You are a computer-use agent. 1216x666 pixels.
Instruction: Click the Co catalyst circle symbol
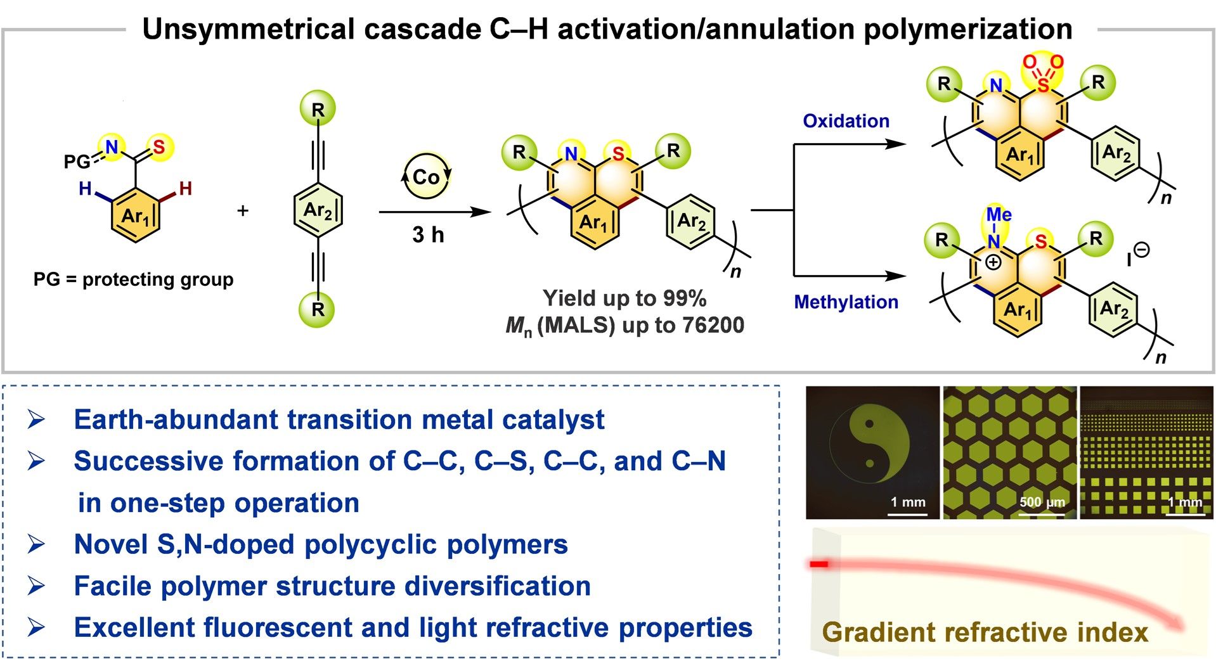pos(427,176)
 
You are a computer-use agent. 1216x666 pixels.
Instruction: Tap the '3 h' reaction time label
pos(428,235)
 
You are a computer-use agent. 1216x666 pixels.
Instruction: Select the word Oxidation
pos(846,121)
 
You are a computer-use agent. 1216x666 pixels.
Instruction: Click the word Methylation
pos(846,302)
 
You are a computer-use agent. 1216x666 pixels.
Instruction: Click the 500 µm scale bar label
pos(1042,503)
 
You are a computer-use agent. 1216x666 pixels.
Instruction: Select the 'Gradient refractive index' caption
pos(985,632)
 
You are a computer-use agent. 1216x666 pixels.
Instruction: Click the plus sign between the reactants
pos(243,210)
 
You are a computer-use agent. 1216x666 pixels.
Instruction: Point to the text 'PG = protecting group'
pos(133,279)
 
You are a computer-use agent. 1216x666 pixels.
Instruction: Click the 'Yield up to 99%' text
pos(624,298)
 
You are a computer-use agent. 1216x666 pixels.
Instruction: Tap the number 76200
pos(713,325)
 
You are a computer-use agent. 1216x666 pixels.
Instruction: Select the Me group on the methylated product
pos(999,214)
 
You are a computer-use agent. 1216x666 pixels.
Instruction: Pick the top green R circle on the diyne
pos(318,109)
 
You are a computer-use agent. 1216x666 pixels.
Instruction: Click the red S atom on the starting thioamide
pos(158,147)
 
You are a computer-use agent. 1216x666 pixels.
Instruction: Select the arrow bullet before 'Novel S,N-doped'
pos(36,544)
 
